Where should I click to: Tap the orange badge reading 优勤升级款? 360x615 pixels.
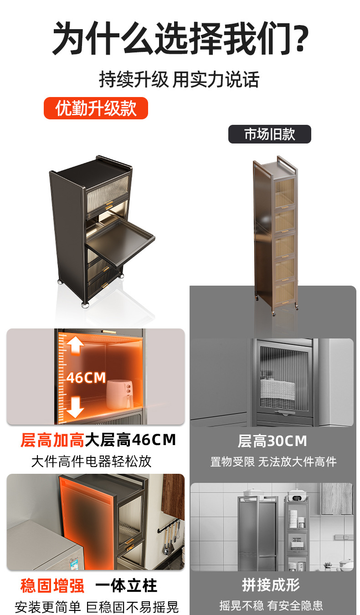pos(96,108)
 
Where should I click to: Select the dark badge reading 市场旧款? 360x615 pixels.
pos(270,134)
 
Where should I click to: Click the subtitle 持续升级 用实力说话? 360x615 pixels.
pos(179,79)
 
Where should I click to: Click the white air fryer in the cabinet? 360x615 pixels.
pos(120,394)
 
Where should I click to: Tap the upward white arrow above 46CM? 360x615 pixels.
pos(75,346)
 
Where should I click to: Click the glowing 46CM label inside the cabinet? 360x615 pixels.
pos(86,378)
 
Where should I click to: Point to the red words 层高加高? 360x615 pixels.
pos(52,440)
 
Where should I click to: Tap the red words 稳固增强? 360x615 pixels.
pos(52,586)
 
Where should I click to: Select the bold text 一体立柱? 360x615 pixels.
pos(126,586)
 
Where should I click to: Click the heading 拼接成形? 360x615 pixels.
pos(271,585)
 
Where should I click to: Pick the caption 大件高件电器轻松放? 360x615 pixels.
pos(91,461)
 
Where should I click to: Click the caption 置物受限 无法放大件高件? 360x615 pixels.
pos(273,462)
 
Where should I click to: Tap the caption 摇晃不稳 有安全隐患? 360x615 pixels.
pos(271,605)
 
